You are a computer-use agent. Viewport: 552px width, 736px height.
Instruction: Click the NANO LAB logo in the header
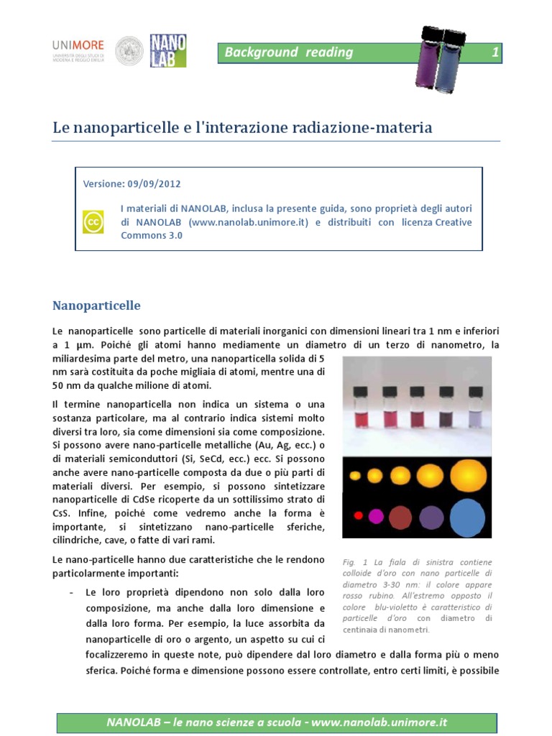pos(167,50)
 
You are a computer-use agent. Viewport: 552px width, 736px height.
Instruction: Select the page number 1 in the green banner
pos(494,52)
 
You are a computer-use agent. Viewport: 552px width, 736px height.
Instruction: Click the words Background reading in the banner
pos(288,52)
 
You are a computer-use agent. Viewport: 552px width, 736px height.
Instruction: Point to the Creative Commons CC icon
pos(94,222)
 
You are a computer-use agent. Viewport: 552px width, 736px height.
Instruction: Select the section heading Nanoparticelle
pos(96,305)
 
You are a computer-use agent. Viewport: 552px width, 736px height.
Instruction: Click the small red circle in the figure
pos(358,515)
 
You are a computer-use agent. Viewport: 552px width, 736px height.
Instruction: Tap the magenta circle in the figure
pos(376,515)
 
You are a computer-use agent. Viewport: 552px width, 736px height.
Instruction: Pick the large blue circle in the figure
pos(466,517)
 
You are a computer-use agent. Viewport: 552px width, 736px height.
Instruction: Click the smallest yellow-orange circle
pos(357,476)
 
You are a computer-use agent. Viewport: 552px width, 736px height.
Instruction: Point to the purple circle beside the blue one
pos(431,517)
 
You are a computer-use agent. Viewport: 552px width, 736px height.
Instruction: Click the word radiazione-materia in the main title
pos(365,128)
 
